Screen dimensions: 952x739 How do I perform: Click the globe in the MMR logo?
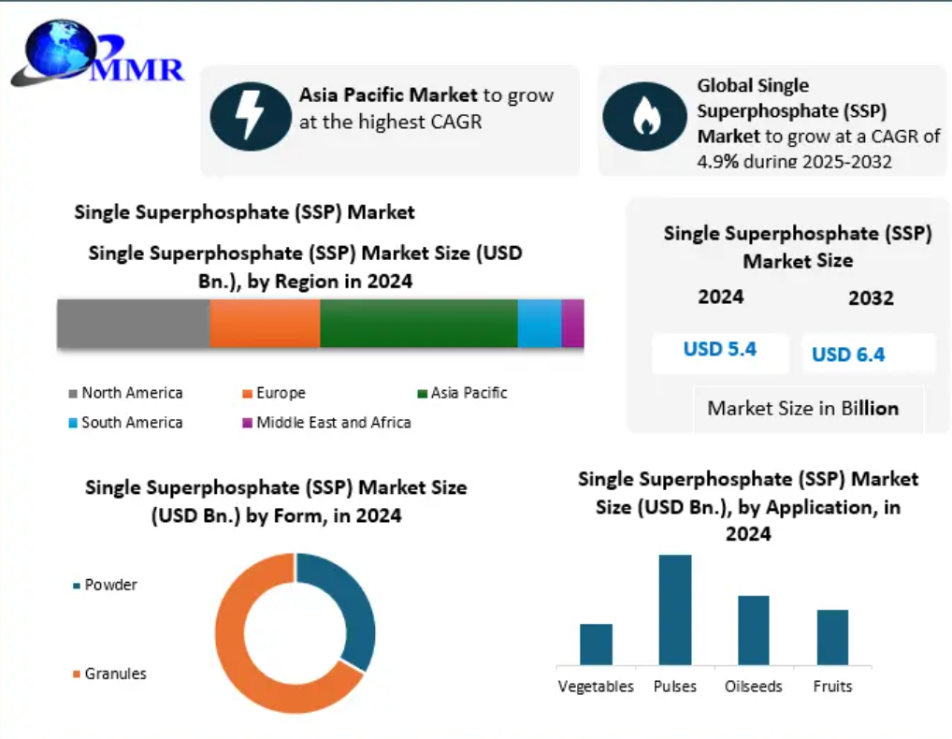click(61, 49)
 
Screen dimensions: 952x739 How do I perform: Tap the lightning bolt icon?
click(251, 115)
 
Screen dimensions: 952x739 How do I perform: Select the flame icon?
click(644, 117)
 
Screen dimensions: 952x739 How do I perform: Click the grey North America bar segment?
click(134, 323)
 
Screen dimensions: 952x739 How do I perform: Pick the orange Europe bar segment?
click(265, 323)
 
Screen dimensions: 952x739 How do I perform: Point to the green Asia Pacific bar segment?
click(419, 323)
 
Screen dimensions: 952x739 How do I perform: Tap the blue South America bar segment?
click(540, 323)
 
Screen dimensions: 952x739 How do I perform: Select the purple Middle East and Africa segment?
click(572, 323)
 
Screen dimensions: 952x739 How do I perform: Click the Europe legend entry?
click(274, 393)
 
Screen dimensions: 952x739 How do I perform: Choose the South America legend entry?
click(125, 422)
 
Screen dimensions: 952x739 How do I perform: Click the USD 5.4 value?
click(720, 349)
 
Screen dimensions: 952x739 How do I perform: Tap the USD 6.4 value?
click(848, 354)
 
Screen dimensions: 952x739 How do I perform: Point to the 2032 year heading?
click(872, 298)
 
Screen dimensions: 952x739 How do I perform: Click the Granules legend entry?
click(109, 674)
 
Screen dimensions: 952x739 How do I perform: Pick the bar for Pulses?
click(675, 610)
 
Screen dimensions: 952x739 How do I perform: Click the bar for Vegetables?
click(597, 645)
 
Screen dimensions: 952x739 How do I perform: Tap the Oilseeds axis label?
click(754, 687)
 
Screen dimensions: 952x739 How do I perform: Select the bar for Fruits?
click(832, 637)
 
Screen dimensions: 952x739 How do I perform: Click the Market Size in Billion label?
click(803, 408)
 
